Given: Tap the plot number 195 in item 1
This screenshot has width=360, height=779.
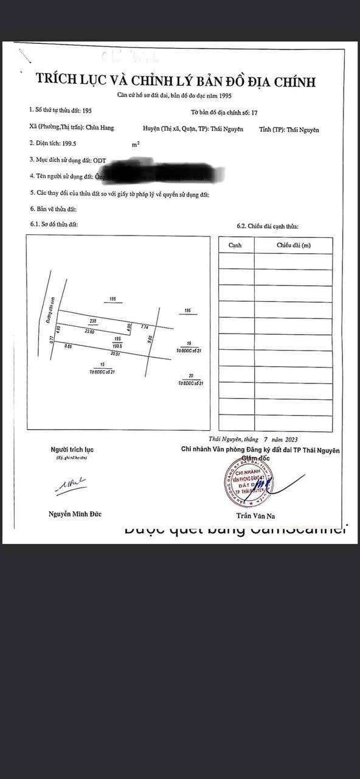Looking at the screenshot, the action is click(x=87, y=110).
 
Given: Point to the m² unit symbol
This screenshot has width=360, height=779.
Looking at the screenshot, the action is click(x=136, y=145).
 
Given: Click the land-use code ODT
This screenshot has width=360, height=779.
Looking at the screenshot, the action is click(x=99, y=161).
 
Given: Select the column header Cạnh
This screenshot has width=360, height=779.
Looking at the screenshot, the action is click(x=235, y=245).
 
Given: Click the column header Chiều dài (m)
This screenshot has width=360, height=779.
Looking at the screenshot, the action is click(x=293, y=245).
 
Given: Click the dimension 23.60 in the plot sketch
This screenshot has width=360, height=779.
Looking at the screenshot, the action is click(x=89, y=331).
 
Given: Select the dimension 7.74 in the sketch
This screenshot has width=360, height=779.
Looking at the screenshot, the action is click(x=144, y=327).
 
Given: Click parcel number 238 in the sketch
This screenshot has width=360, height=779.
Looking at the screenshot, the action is click(x=93, y=321).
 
